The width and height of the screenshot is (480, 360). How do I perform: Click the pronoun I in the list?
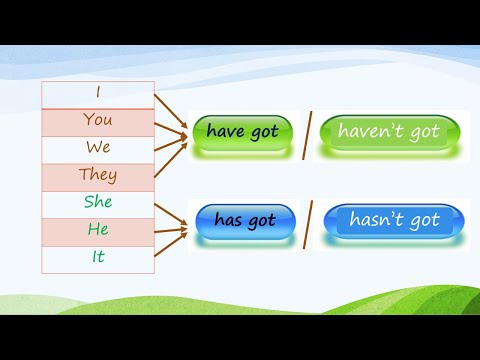coord(98,92)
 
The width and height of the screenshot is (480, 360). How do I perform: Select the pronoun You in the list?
coord(98,120)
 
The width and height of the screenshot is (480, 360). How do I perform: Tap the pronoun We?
coord(98,148)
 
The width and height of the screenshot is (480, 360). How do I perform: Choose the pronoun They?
coord(98,176)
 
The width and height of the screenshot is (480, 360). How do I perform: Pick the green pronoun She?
coord(98,203)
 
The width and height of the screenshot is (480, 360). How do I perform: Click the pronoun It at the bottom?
coord(98,258)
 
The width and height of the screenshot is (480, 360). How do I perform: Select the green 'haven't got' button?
coord(389,133)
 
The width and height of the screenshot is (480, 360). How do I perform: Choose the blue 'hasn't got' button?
coord(393,220)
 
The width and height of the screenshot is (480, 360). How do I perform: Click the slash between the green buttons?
coord(308,135)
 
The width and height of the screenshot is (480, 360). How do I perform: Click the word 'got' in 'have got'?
coord(265,132)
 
